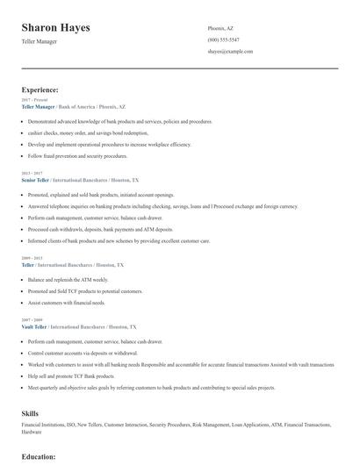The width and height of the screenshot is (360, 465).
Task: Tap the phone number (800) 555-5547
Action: (x=223, y=39)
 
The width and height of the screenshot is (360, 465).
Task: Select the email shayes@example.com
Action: (x=230, y=52)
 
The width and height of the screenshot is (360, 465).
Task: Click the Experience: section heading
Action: (x=40, y=89)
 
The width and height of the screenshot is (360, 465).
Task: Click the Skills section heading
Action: (x=30, y=411)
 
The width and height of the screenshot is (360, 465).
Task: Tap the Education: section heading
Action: (x=39, y=457)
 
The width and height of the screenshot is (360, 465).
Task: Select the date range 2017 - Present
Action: (x=34, y=100)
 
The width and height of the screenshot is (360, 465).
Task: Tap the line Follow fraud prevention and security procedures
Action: (x=77, y=155)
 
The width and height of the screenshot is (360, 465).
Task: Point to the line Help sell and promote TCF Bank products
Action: (x=71, y=376)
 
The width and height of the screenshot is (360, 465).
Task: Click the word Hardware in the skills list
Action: (x=32, y=432)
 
